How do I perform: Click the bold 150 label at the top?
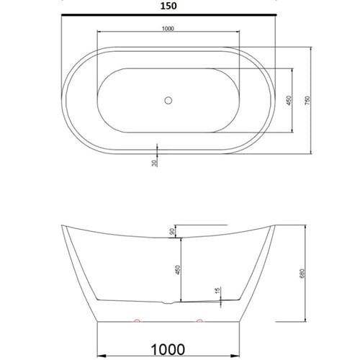(168, 5)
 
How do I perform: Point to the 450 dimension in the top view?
(288, 102)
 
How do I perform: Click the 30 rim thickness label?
(154, 164)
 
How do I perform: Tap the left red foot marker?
(135, 318)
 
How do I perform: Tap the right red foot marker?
(199, 318)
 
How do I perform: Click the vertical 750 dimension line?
(311, 101)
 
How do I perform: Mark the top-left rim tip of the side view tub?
(63, 225)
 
